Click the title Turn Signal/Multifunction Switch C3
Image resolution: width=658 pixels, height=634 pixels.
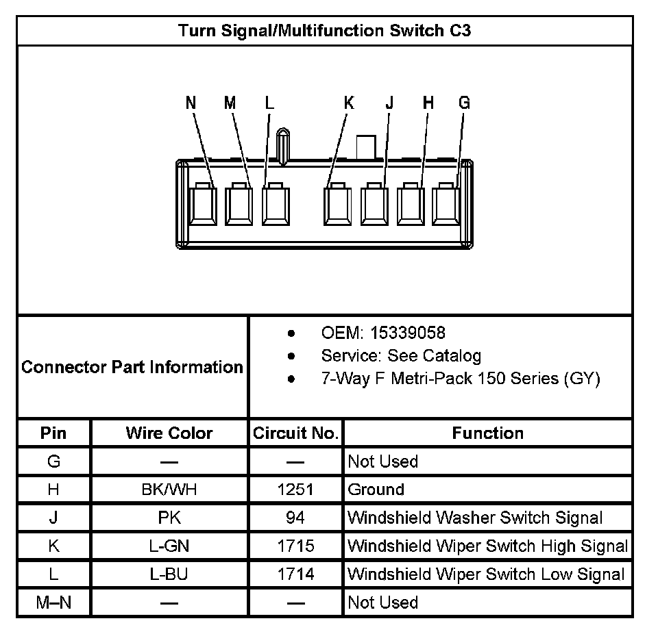[324, 31]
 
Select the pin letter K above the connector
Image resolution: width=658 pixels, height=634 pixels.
[349, 103]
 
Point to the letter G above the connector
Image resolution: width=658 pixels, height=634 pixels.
[464, 103]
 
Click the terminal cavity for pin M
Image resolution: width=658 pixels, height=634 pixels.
[239, 204]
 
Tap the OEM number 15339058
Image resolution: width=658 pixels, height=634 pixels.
[407, 333]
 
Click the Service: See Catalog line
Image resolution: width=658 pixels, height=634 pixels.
[401, 356]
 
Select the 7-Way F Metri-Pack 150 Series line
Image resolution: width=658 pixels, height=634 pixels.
[461, 379]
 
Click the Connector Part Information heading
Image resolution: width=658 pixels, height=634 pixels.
[132, 367]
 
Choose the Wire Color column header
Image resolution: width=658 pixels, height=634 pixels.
[169, 433]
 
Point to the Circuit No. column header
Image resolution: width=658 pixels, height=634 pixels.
[295, 433]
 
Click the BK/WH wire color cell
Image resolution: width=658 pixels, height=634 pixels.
[169, 490]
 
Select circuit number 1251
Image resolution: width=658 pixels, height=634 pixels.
[295, 490]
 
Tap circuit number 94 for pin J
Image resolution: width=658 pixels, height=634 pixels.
[295, 518]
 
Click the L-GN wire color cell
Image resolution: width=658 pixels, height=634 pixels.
[169, 546]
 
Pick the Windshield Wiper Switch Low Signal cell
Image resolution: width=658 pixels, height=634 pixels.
[486, 574]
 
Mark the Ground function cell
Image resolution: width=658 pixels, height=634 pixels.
[376, 490]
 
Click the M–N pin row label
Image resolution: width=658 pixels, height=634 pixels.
[53, 603]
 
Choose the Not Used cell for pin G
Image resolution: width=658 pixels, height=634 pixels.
[382, 461]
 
